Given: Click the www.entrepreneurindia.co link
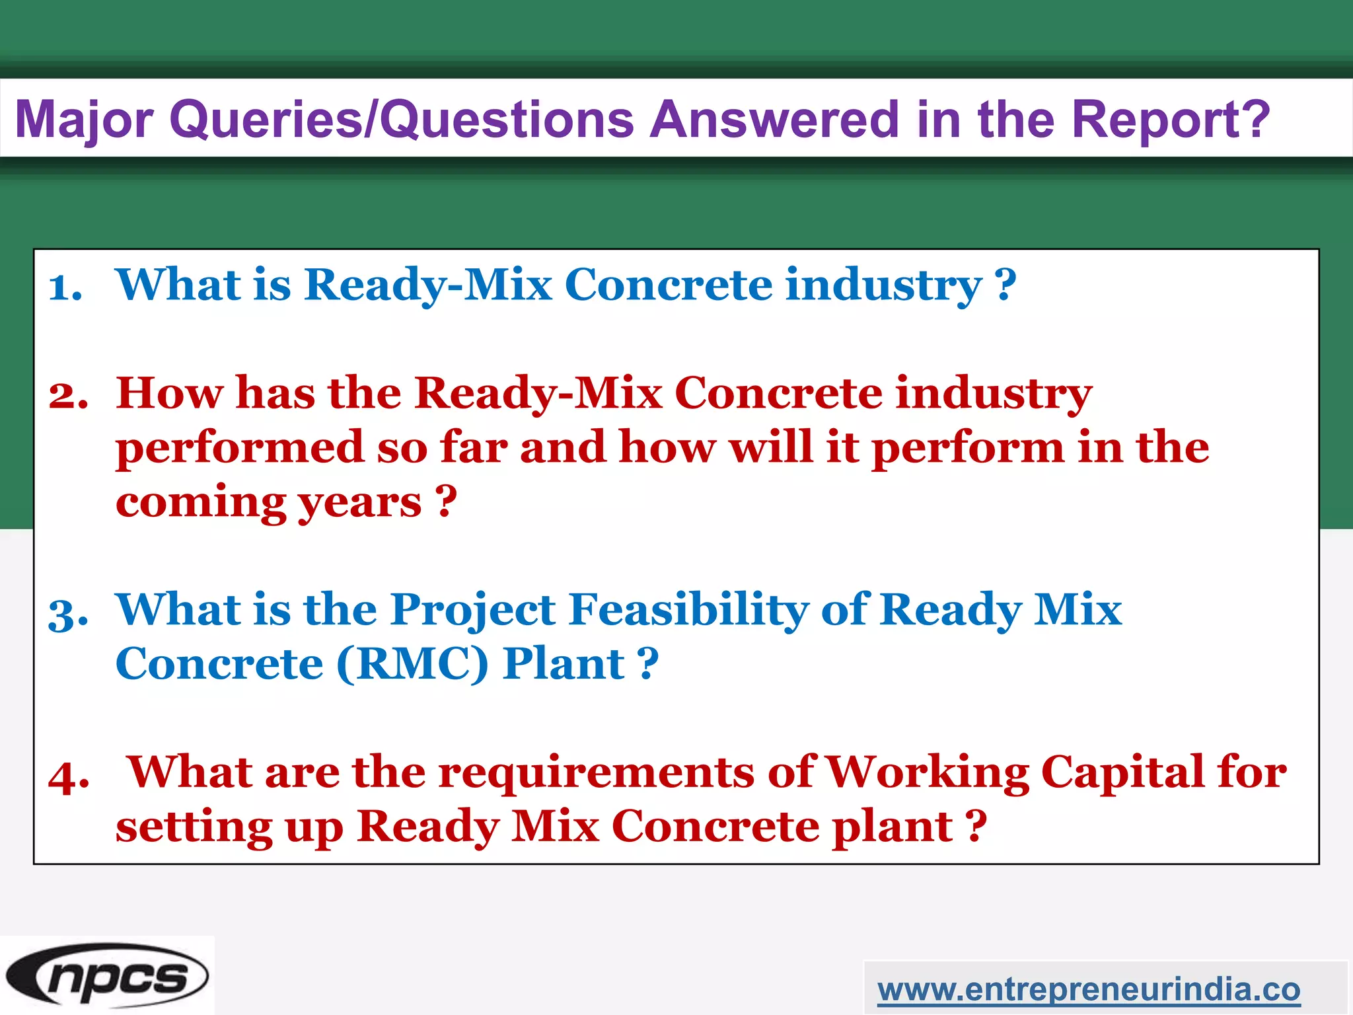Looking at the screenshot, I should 1089,990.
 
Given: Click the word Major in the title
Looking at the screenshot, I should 84,120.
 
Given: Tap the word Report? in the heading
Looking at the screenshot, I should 1170,120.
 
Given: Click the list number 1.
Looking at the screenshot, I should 65,288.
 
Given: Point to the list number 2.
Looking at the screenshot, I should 68,396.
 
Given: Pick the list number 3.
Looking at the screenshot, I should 68,614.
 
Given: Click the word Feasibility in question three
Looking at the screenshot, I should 688,609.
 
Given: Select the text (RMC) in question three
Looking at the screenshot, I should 412,663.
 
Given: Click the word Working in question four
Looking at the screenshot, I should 928,772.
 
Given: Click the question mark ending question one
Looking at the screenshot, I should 1005,285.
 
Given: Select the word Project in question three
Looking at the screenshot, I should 473,609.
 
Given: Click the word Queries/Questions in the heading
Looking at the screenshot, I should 402,120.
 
